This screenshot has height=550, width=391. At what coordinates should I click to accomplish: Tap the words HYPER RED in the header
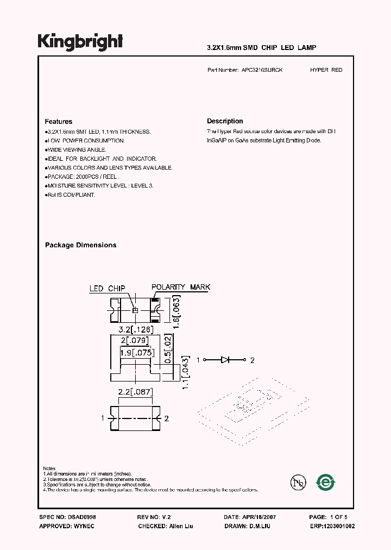(326, 70)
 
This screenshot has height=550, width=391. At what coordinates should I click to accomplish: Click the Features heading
(59, 122)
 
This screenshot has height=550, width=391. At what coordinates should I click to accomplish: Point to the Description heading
(225, 121)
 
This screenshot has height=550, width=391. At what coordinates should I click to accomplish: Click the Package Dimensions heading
(80, 245)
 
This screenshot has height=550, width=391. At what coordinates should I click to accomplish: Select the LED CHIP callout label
(108, 289)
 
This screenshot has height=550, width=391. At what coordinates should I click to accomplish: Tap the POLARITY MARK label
(180, 287)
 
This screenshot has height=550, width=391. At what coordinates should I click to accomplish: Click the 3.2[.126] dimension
(136, 329)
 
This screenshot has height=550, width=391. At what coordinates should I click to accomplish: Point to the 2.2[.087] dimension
(135, 391)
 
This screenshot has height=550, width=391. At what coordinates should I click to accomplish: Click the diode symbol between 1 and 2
(226, 360)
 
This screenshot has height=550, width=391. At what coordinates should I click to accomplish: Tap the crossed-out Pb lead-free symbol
(298, 482)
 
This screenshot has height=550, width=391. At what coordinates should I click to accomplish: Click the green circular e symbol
(326, 482)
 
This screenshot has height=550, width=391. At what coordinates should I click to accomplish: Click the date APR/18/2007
(258, 518)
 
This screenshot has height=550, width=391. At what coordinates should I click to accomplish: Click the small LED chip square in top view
(136, 310)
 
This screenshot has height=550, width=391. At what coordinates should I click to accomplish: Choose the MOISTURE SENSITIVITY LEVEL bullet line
(99, 185)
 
